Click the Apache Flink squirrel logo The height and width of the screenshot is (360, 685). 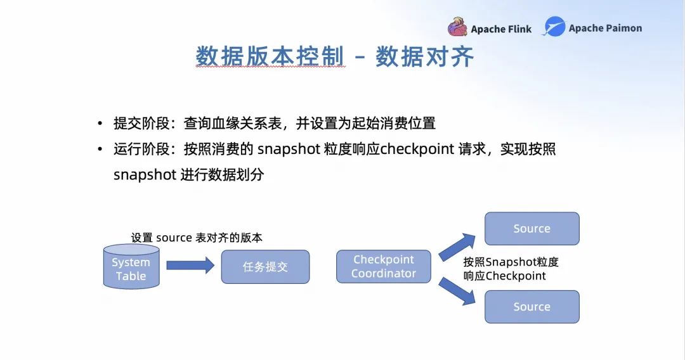pyautogui.click(x=457, y=27)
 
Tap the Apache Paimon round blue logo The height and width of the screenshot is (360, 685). pyautogui.click(x=554, y=26)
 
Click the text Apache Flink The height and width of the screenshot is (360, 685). pyautogui.click(x=501, y=29)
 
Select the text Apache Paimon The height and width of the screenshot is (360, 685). pyautogui.click(x=605, y=29)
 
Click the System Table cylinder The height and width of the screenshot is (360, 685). pyautogui.click(x=131, y=266)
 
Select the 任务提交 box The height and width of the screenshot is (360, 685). pyautogui.click(x=265, y=267)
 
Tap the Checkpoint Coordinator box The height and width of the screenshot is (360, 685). pyautogui.click(x=384, y=266)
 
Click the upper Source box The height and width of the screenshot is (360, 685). pyautogui.click(x=532, y=229)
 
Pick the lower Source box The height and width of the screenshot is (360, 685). pyautogui.click(x=532, y=307)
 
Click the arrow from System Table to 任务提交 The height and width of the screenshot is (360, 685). pyautogui.click(x=190, y=266)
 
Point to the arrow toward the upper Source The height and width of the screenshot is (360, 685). pyautogui.click(x=457, y=247)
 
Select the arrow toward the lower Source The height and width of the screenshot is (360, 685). pyautogui.click(x=457, y=291)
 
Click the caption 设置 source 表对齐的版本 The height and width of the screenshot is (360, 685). pyautogui.click(x=197, y=238)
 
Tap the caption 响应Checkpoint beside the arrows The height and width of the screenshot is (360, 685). pyautogui.click(x=505, y=276)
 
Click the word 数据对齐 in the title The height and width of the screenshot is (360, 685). pyautogui.click(x=424, y=57)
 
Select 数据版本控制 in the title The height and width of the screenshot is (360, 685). pyautogui.click(x=270, y=57)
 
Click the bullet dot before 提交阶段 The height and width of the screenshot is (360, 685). pyautogui.click(x=100, y=124)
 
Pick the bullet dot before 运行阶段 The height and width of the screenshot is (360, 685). pyautogui.click(x=100, y=149)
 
